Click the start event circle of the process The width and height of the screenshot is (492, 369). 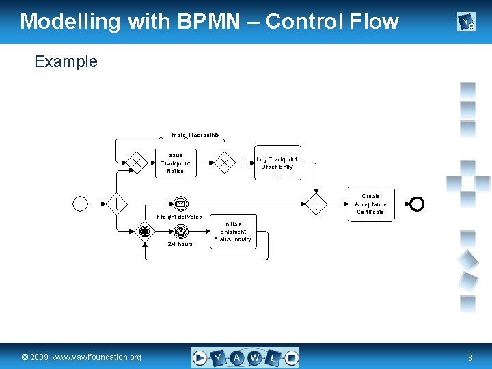point(81,203)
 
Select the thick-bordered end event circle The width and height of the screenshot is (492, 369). point(416,203)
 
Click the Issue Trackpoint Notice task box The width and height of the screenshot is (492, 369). point(176,163)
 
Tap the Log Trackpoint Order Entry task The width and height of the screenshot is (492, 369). point(277,163)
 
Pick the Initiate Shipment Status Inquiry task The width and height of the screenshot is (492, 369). point(232,232)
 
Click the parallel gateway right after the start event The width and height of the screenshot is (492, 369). point(117,203)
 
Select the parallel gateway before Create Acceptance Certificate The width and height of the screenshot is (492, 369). point(316,203)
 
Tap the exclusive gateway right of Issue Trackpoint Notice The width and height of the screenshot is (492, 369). point(223,163)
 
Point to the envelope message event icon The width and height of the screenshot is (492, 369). point(180,204)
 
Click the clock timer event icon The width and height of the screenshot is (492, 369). point(180,232)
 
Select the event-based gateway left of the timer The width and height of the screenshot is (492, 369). point(145,232)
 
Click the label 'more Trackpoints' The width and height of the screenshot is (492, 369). point(195,135)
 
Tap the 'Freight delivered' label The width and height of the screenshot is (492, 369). point(180,217)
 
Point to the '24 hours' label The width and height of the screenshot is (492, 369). point(180,244)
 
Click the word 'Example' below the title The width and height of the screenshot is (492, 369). point(66,61)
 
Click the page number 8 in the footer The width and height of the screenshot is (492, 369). point(470,357)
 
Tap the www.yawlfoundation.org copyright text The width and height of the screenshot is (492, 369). point(81,357)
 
